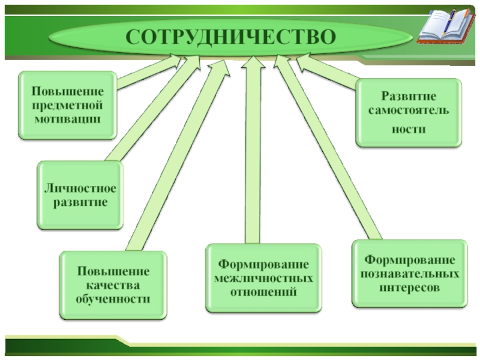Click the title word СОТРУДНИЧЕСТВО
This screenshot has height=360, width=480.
point(230,36)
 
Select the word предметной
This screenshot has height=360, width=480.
point(67,105)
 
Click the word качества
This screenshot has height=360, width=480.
point(113,285)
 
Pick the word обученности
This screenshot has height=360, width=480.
point(113,298)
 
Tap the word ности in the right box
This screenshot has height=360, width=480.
point(410,129)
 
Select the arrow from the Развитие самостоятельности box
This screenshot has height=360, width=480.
point(330,71)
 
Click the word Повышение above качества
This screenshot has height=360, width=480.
point(113,272)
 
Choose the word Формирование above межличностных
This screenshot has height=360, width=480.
point(264,265)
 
